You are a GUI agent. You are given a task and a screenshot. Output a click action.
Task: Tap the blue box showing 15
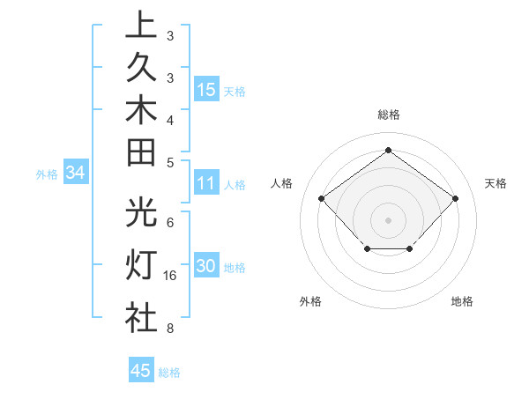(206, 89)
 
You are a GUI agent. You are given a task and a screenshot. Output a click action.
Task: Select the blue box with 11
(206, 183)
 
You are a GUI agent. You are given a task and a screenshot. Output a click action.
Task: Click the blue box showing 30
(206, 266)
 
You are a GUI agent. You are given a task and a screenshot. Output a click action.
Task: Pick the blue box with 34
(76, 173)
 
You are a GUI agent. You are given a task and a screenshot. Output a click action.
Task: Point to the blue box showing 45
(141, 371)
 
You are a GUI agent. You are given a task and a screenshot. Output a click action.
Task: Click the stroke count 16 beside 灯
(171, 276)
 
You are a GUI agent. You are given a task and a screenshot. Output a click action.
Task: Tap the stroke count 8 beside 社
(169, 329)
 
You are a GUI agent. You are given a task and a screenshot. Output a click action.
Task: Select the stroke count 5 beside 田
(169, 161)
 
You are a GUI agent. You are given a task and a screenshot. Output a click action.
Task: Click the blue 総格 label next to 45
(169, 373)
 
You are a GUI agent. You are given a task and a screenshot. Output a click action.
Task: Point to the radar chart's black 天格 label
(495, 183)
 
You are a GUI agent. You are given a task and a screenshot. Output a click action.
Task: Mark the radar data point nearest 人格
(322, 199)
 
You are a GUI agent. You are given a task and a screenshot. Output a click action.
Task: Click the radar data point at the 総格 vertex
(388, 151)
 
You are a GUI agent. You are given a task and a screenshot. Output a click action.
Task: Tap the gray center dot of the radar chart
(388, 219)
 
